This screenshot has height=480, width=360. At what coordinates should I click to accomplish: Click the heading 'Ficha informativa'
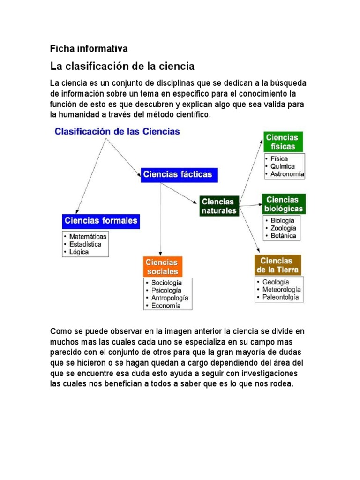pos(89,48)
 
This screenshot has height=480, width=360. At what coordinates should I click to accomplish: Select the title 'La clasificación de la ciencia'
pos(122,66)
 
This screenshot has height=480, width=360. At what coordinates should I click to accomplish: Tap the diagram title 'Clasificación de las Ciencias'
pos(117,132)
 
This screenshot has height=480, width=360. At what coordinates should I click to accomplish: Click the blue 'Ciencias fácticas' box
pos(178,174)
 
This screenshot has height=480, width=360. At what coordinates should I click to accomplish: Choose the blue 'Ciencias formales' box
pos(101,220)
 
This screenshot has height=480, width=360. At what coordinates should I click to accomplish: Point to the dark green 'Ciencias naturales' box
pos(219,206)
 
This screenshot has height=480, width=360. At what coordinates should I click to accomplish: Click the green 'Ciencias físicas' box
pos(283,142)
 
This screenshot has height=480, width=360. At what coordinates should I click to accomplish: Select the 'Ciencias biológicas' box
pos(284,204)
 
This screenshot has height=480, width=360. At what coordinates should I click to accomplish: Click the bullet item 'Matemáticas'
pos(88,237)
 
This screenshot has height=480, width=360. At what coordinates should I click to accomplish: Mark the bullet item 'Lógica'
pos(79,252)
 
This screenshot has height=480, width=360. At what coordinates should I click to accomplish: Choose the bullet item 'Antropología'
pos(170,298)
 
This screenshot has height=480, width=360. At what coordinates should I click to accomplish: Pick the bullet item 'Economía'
pos(165,306)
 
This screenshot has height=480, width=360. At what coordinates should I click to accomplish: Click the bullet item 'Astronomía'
pos(287,174)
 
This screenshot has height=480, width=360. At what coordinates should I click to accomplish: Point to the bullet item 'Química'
pos(282,166)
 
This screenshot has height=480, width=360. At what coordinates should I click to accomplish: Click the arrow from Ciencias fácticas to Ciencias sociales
pos(161,216)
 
